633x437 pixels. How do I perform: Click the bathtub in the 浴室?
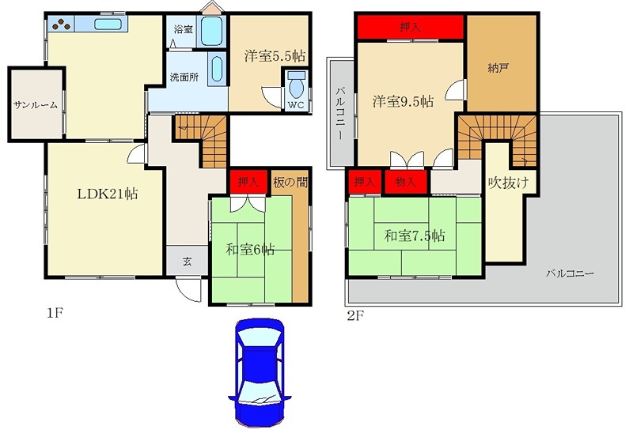tap(211, 31)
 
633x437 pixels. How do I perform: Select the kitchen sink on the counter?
tap(108, 24)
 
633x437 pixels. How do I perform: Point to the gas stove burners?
tap(62, 24)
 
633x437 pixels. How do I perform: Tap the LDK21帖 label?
tap(108, 194)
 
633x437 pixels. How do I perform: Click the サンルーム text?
tap(36, 106)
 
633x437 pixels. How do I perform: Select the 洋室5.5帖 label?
tap(275, 56)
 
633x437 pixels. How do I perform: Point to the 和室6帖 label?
tap(250, 250)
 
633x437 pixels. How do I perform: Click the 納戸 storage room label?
tap(498, 68)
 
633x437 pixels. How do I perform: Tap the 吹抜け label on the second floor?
tap(508, 183)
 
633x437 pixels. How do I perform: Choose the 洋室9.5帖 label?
tap(403, 101)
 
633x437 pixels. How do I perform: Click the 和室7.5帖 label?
tap(415, 235)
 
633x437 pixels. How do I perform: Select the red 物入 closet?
tap(405, 182)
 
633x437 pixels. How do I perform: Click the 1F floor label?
tap(55, 313)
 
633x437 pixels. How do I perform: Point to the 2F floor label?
tap(355, 315)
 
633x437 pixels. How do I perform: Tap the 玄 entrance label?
tap(187, 262)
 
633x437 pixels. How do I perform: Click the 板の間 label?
tap(290, 183)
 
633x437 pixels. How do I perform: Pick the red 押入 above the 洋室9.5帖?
tap(410, 27)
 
